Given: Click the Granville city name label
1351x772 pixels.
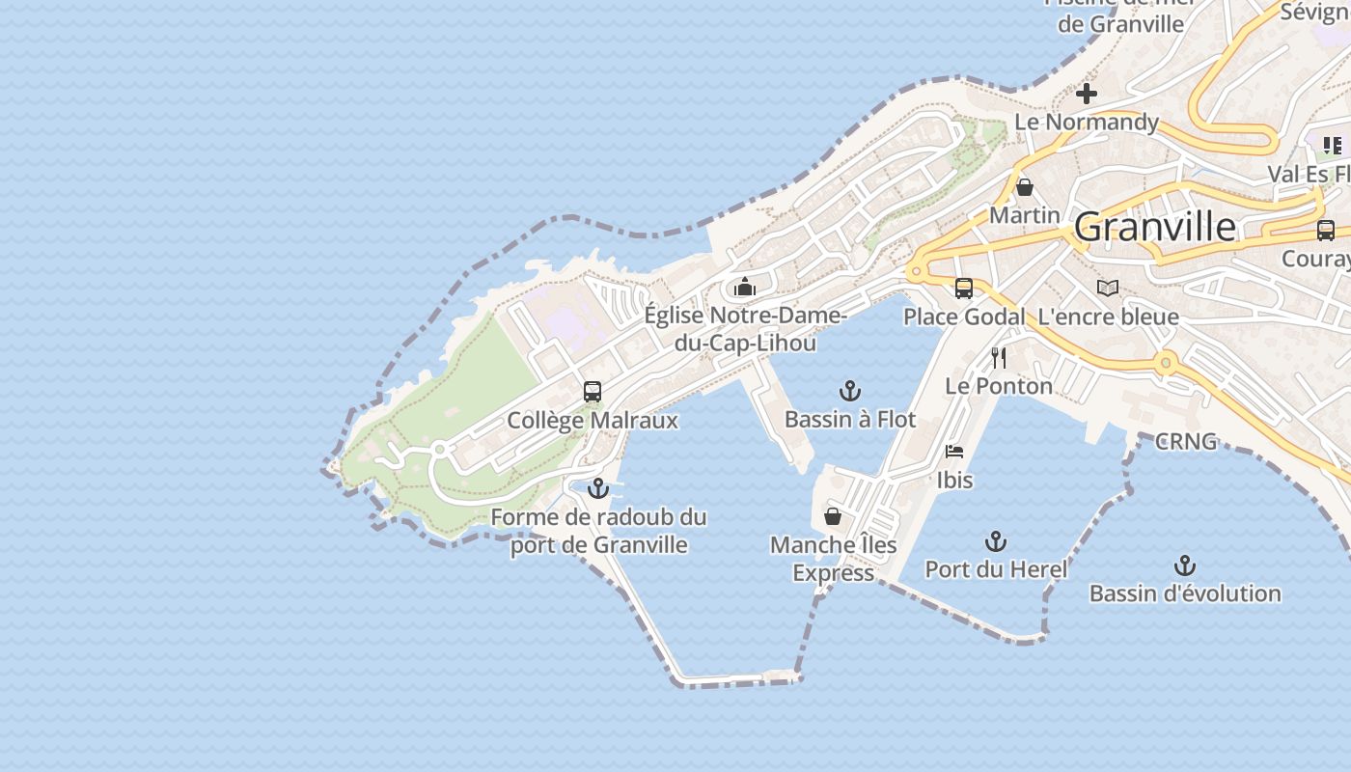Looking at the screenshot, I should click(1154, 227).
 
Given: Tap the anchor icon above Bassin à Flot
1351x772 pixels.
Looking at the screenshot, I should click(849, 391).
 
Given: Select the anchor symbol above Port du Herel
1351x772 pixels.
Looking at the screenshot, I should click(996, 541).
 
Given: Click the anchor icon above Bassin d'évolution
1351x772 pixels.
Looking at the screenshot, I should click(1185, 565).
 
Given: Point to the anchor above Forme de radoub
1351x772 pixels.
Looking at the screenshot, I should click(598, 488).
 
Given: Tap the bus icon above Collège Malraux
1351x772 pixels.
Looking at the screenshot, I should click(593, 392).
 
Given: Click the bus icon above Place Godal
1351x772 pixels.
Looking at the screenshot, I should click(963, 289).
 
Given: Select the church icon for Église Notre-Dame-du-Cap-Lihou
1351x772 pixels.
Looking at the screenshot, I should click(745, 287).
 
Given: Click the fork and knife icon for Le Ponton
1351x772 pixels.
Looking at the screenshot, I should click(999, 358).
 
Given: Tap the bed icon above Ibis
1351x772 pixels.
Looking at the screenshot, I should click(954, 452).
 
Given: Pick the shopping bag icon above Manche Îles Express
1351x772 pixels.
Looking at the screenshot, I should click(833, 517).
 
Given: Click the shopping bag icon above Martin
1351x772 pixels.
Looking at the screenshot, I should click(1025, 187).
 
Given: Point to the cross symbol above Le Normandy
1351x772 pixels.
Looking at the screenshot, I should click(1087, 94).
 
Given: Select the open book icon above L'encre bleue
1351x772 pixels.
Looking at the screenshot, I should click(1108, 289).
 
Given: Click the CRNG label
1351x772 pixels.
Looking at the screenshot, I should click(1186, 442).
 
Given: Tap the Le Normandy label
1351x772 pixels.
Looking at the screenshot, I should click(1087, 122).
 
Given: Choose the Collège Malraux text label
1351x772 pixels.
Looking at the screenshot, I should click(593, 421).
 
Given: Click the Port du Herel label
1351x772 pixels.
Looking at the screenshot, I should click(996, 569).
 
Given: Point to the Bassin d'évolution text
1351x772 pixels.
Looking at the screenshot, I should click(1185, 593).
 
